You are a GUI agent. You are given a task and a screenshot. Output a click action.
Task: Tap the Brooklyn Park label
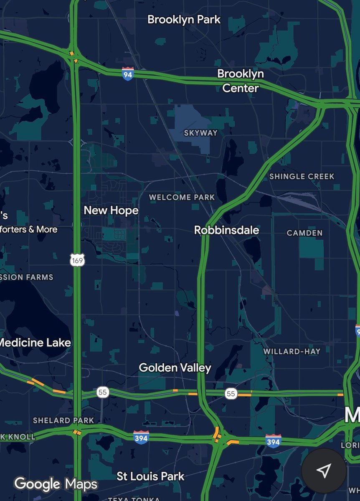[184, 20]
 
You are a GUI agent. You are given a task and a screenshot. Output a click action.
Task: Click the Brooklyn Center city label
[241, 81]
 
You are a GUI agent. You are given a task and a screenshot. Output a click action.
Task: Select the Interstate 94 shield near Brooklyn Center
[128, 73]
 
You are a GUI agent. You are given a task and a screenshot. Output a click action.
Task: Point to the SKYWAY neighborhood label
[201, 133]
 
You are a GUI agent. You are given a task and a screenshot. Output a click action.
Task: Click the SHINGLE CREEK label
[302, 176]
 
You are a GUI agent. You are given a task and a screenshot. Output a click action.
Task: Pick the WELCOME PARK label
[182, 197]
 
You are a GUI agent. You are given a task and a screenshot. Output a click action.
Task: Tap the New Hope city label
[111, 210]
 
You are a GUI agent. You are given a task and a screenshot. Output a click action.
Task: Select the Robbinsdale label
[226, 230]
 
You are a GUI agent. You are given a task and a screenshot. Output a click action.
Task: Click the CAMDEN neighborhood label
[304, 233]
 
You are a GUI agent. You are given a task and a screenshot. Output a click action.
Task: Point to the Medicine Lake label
[35, 343]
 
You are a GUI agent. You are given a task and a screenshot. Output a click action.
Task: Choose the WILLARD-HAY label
[292, 352]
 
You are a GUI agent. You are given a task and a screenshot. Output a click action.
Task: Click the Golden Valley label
[175, 368]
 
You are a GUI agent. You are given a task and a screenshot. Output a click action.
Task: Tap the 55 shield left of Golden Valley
[103, 392]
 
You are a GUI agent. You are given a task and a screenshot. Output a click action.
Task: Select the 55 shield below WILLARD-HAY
[231, 393]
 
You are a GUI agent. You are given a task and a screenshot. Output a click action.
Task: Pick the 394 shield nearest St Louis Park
[141, 437]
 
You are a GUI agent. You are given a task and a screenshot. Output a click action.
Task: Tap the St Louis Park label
[150, 476]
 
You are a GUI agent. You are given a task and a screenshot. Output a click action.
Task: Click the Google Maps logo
[56, 484]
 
